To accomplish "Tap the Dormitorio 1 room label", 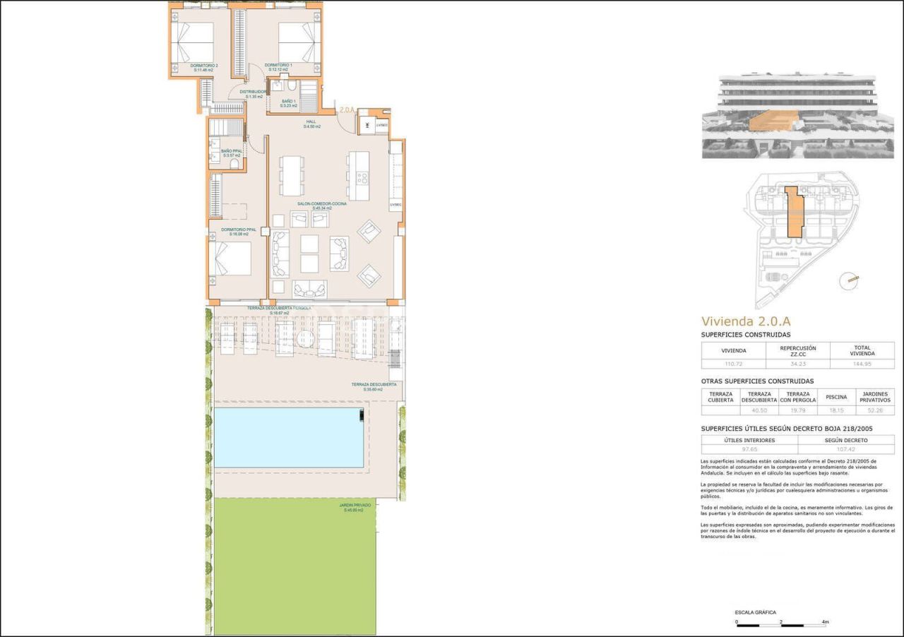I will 278,67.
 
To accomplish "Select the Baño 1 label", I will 288,104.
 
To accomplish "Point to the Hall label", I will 311,124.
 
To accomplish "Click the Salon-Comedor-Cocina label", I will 322,206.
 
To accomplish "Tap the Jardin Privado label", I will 353,507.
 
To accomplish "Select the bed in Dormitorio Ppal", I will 234,258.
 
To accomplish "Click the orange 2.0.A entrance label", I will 346,110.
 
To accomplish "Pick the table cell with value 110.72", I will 732,364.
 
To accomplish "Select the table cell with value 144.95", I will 862,364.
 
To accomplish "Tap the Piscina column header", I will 835,397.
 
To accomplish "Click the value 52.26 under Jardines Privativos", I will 874,410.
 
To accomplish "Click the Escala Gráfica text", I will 755,612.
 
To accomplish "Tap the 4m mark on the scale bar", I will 825,622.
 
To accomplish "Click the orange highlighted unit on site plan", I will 795,212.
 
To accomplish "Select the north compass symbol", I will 848,281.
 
